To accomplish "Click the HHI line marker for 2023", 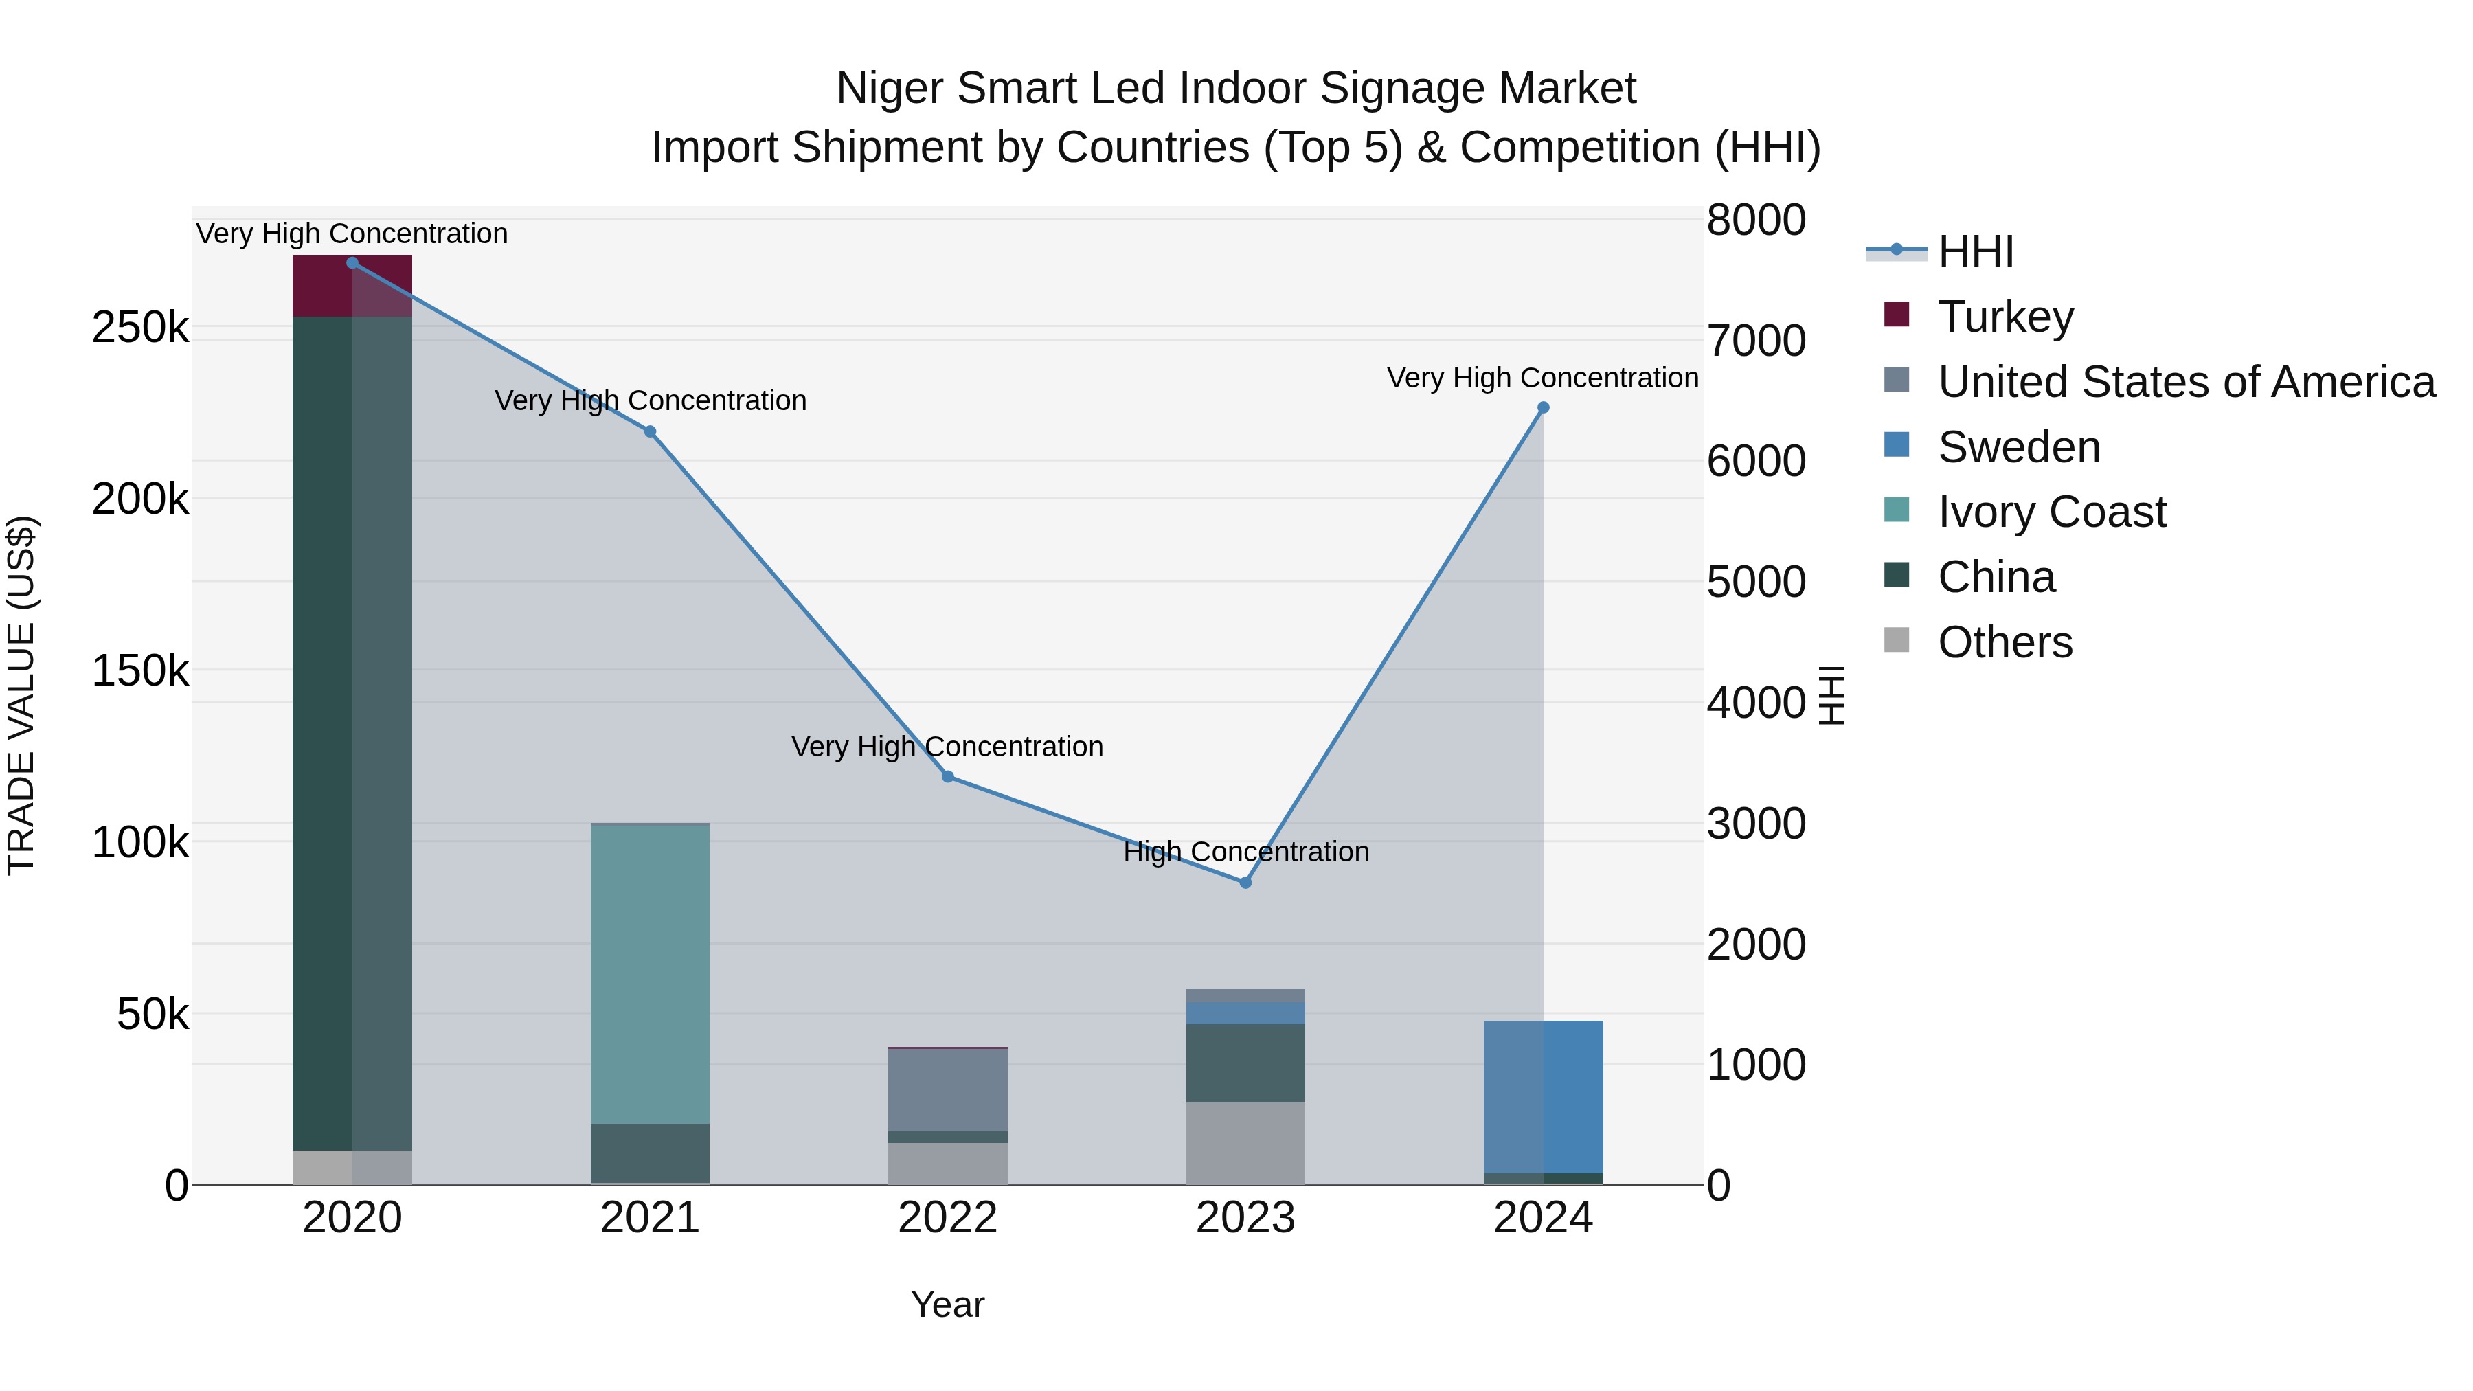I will (x=1245, y=882).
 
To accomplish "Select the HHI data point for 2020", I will (x=352, y=263).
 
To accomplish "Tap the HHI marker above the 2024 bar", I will (x=1543, y=408).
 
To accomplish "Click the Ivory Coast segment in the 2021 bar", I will (x=650, y=973).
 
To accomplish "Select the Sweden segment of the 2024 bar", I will (x=1543, y=1096).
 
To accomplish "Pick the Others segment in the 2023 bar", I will (x=1245, y=1142).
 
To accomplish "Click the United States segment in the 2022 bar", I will (x=947, y=1089).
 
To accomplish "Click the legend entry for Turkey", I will (x=2005, y=317).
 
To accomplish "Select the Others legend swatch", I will (x=1897, y=640).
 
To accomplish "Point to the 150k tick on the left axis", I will (x=140, y=670).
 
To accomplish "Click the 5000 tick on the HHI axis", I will (x=1756, y=582).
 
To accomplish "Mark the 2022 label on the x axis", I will (x=947, y=1218).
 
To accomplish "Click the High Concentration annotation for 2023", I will (x=1245, y=852).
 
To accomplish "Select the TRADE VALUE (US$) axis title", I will (x=21, y=695).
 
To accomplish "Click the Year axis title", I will (x=947, y=1304).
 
